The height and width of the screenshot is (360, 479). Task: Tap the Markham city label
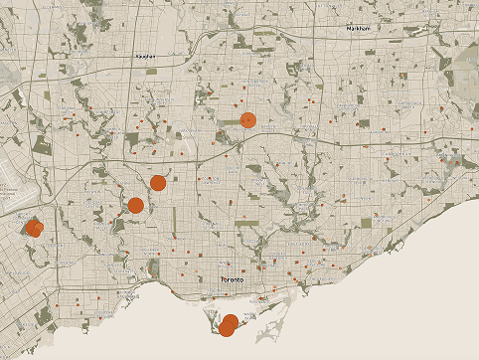click(358, 29)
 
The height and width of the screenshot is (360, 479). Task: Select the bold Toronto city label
click(233, 280)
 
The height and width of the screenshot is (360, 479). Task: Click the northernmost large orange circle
click(248, 120)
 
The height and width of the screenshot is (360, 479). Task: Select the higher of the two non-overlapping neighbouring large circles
click(158, 182)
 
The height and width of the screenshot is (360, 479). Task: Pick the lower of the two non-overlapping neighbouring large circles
click(135, 205)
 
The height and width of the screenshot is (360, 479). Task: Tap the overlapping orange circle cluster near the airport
click(35, 228)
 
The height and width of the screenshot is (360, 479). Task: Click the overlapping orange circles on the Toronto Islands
click(229, 324)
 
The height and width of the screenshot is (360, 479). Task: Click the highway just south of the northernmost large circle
click(248, 133)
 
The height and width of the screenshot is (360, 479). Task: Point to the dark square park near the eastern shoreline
click(366, 222)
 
